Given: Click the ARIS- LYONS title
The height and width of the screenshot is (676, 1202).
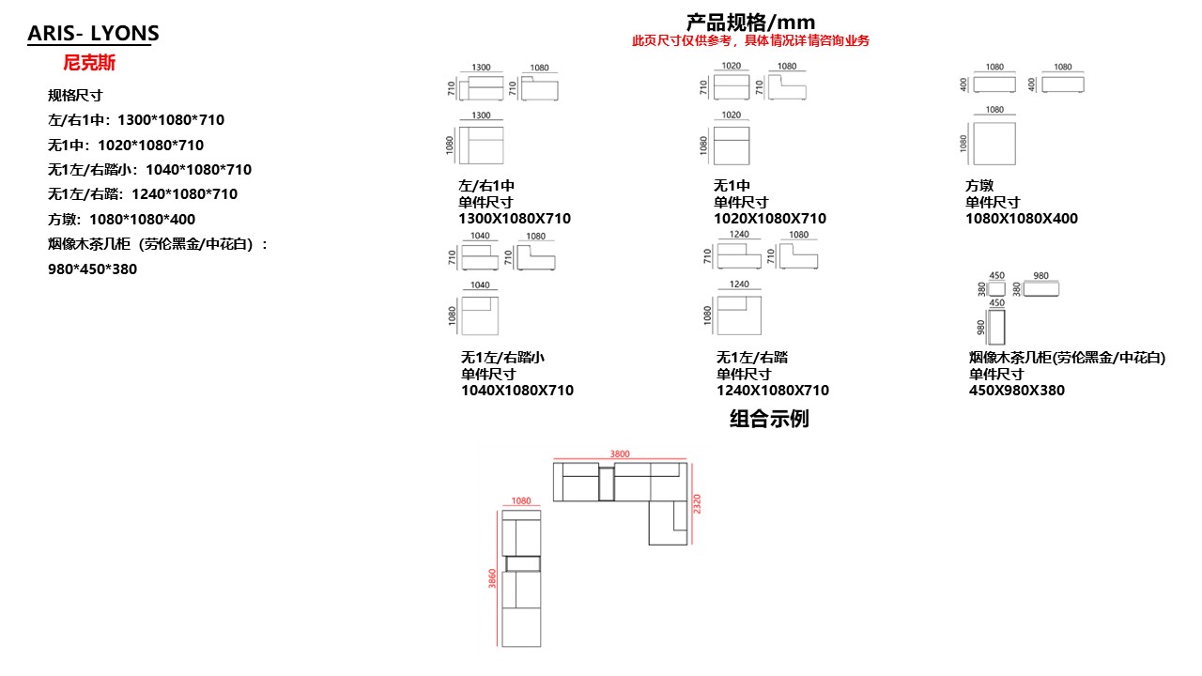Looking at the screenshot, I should point(93,34).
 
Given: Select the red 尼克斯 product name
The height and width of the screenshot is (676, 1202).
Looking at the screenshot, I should point(89,64).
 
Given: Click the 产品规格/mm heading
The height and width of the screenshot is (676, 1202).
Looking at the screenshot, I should point(750,22).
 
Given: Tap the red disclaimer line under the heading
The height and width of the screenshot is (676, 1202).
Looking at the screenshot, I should point(750,41).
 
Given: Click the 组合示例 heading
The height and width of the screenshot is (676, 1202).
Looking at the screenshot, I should point(769,419).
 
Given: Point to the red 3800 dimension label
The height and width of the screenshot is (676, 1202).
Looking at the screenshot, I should point(620,454).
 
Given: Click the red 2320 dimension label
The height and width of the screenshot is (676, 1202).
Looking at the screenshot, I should point(697,503).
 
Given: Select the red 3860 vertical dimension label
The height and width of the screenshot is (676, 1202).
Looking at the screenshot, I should point(492,579).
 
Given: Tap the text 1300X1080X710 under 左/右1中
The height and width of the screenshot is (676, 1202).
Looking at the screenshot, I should point(515,219).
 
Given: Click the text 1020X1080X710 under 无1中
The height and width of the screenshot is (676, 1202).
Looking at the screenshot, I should point(770,219).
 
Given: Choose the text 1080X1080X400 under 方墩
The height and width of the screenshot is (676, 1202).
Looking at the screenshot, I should point(1022,219).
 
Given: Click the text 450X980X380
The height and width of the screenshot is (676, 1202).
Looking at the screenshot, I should point(1017,391).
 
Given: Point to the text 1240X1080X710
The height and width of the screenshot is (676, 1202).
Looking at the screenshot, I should point(773,391).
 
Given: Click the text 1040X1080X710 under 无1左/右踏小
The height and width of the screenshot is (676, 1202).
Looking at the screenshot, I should point(517,391).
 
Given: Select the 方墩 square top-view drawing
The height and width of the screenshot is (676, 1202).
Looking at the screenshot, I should point(994,144).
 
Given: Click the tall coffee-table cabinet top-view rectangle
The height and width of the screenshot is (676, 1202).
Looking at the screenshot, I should point(997,326).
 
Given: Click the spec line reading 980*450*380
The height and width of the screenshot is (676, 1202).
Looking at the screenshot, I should point(92,269).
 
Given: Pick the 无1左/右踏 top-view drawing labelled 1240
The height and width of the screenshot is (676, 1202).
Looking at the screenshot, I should point(738,315).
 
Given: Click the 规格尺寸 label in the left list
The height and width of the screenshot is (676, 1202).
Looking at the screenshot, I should point(75,96).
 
